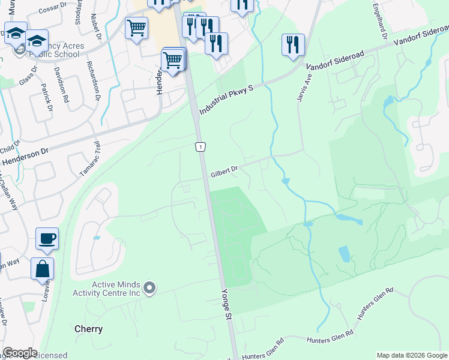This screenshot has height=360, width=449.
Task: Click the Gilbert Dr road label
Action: click(x=224, y=172)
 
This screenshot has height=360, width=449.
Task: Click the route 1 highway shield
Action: click(x=200, y=147)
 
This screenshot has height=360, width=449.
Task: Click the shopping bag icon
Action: click(x=43, y=269)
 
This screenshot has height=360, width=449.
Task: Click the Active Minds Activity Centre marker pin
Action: click(x=150, y=289)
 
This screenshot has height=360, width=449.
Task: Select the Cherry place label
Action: click(x=88, y=329)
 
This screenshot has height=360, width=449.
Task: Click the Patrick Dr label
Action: click(x=46, y=97)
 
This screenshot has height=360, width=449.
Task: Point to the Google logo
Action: click(x=20, y=353)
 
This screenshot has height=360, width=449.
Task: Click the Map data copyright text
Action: click(x=412, y=355)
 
